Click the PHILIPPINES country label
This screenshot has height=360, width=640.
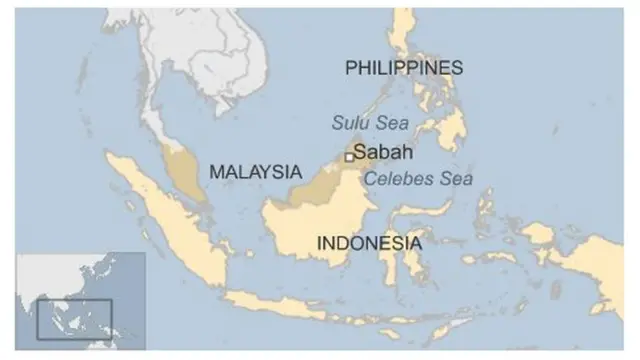pos(404,68)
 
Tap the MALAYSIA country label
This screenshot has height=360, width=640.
pos(255,172)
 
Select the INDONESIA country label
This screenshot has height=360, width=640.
pos(369,243)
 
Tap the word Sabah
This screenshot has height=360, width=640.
pos(384,155)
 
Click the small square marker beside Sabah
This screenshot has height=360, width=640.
pos(349,156)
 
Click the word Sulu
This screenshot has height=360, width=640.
pos(348,122)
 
